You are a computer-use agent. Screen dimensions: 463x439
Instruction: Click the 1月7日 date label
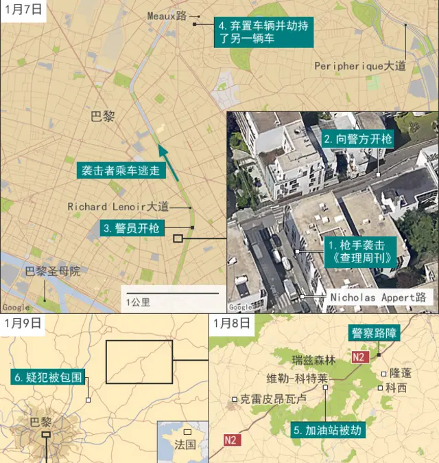pos(23,10)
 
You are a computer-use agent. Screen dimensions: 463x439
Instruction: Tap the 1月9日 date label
pos(23,323)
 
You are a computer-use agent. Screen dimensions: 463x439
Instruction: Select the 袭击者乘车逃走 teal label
pos(121,170)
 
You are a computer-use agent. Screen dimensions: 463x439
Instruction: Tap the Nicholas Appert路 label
pos(378,298)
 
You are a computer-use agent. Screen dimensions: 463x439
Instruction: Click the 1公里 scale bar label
pos(138,301)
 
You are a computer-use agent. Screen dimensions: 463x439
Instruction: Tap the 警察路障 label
pos(374,333)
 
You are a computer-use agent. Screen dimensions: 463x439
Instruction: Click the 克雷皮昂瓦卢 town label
pos(273,398)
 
